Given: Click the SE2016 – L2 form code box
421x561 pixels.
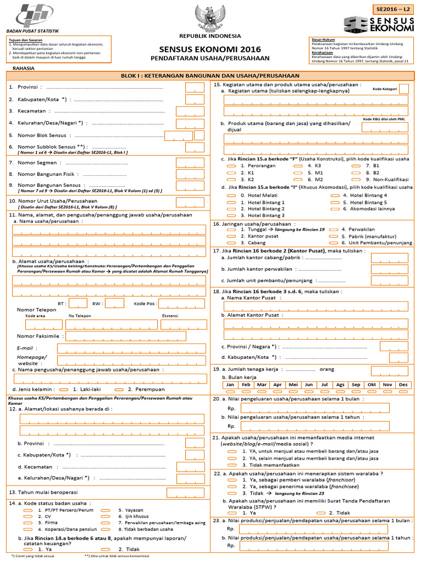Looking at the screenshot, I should [393, 9].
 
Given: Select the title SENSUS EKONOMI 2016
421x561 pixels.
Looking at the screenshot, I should [210, 49].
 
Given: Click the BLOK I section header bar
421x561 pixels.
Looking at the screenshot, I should [210, 76].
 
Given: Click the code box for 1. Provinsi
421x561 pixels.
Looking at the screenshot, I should [195, 88].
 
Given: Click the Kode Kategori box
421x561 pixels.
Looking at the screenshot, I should [403, 89].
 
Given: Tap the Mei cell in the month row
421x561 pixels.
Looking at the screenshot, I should [293, 385].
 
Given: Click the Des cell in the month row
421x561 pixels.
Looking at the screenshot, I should [403, 385].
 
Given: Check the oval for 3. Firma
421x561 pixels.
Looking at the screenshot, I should [27, 523].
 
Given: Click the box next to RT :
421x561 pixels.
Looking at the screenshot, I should [78, 303].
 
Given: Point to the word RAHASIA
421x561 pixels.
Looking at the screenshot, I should [23, 68].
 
